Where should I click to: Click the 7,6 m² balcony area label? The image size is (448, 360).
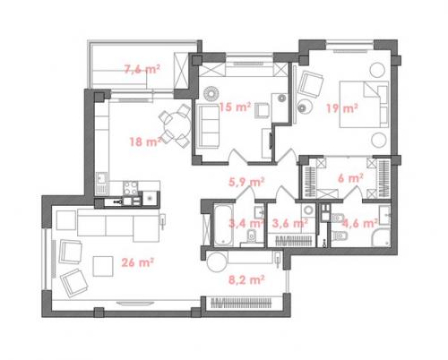(142, 70)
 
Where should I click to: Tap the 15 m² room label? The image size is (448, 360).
(235, 107)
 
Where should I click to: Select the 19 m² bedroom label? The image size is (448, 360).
(342, 108)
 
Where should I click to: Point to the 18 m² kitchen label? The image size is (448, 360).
(145, 141)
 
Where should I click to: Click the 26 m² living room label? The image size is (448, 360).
(138, 262)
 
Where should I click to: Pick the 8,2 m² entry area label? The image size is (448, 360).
(246, 280)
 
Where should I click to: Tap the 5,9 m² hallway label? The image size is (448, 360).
(246, 182)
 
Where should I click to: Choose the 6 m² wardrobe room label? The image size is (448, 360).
(350, 178)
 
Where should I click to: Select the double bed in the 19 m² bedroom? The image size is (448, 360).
(364, 105)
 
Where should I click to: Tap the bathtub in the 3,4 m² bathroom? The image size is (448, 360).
(224, 225)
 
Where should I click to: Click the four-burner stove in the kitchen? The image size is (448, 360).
(131, 188)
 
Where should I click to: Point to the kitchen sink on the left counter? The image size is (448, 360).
(101, 182)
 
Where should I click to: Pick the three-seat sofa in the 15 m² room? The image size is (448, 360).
(209, 125)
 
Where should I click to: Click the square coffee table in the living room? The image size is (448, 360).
(103, 266)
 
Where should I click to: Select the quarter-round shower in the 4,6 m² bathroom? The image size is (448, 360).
(381, 237)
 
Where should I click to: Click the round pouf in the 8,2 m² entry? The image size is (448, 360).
(217, 261)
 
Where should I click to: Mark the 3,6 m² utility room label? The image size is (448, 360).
(290, 223)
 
